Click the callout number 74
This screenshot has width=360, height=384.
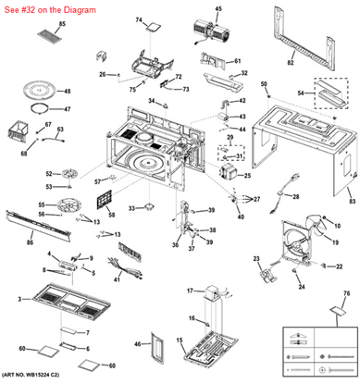click(140, 19)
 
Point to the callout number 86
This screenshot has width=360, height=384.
click(31, 242)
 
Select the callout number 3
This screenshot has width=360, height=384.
click(20, 300)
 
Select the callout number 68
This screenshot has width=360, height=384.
click(25, 154)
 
